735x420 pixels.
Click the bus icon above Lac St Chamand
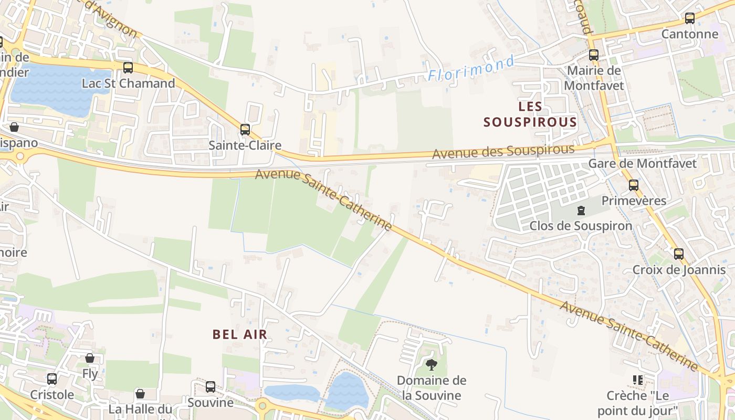[x=128, y=68]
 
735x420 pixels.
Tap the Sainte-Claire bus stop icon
[x=245, y=130]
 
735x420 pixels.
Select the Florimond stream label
[x=471, y=69]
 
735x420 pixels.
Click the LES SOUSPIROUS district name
[x=530, y=114]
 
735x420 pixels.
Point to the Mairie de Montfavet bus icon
[x=594, y=55]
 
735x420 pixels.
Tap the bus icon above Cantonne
[x=690, y=18]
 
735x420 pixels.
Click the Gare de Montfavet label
[x=642, y=163]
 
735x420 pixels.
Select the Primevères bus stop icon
[x=634, y=185]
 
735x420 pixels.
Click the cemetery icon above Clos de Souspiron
[x=581, y=211]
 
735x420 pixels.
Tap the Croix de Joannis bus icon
[x=679, y=254]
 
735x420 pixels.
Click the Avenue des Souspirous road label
[x=503, y=152]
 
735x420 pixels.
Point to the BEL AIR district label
[x=240, y=334]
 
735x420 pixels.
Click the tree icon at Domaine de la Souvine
[x=432, y=365]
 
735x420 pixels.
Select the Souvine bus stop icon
[x=211, y=387]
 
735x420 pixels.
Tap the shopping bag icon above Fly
[x=90, y=358]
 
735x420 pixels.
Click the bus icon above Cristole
[x=52, y=379]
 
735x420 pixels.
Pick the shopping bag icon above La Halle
[x=140, y=394]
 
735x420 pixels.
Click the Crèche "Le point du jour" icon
[x=638, y=380]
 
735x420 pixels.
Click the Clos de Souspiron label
[x=581, y=226]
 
